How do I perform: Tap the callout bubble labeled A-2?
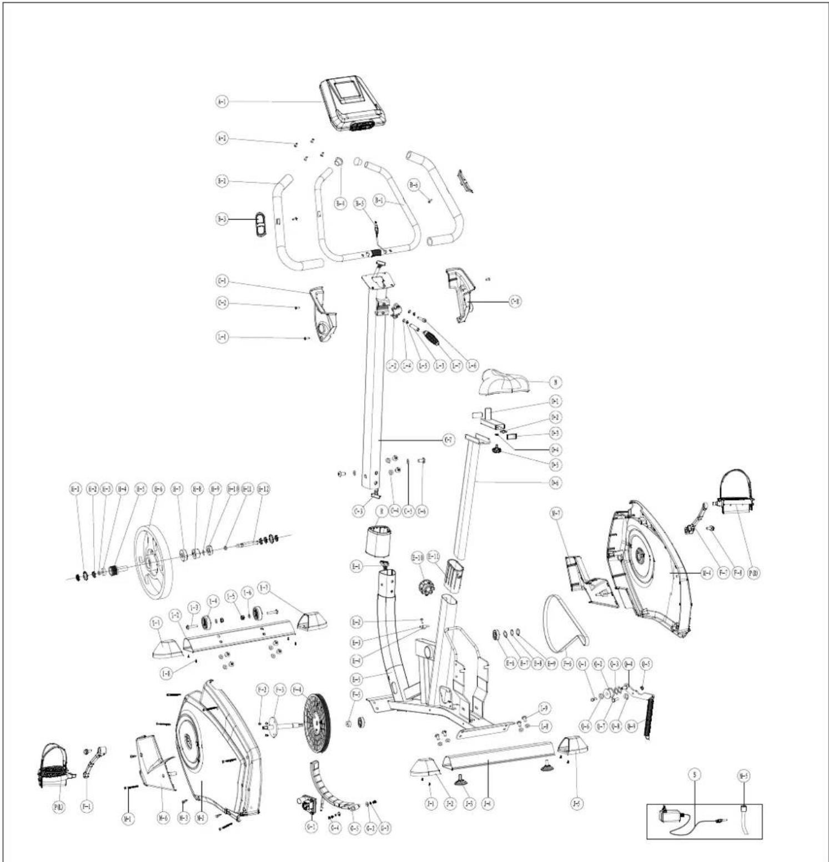(x=222, y=138)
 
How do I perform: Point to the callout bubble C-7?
(x=449, y=440)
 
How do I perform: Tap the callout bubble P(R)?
(x=753, y=573)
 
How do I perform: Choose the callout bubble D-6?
(x=555, y=483)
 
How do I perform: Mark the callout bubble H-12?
(x=263, y=489)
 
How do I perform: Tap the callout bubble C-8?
(x=515, y=302)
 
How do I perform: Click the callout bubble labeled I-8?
(x=165, y=673)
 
